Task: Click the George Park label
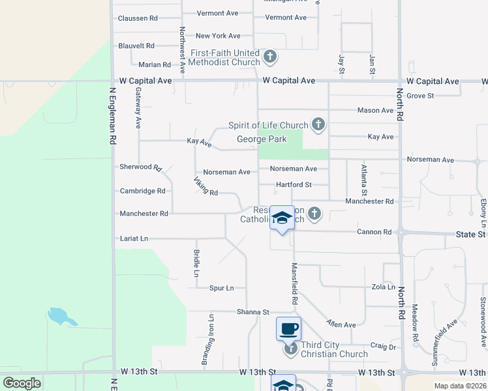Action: pos(261,139)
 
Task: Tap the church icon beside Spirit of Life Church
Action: pos(318,124)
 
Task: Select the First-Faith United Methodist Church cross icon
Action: pos(271,57)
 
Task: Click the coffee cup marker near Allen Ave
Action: pos(288,328)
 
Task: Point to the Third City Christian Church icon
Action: pos(291,350)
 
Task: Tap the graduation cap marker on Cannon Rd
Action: pos(282,218)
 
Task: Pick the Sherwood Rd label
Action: pos(140,167)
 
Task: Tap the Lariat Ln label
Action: pos(134,239)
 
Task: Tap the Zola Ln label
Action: pos(383,287)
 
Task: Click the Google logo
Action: pos(22,383)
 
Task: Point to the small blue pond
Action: pos(61,317)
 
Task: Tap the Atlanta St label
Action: pos(365,181)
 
